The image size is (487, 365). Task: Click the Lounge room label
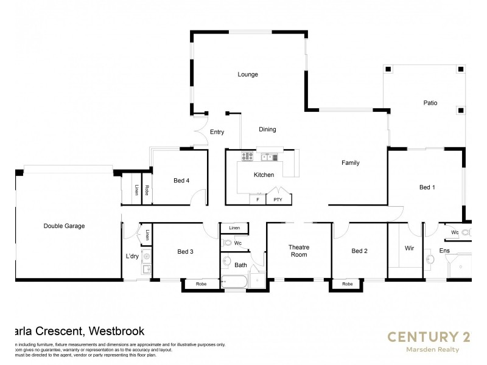point(248,75)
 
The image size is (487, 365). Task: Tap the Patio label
point(430,103)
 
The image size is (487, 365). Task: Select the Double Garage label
point(64,226)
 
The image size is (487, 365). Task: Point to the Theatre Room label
point(298,251)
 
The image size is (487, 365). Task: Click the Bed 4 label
point(181,180)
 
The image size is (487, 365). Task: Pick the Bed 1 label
point(427,187)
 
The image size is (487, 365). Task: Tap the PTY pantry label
point(278,199)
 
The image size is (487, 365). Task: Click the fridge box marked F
point(258,199)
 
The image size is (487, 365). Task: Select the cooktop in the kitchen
point(247,156)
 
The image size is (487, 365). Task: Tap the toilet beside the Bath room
point(228,243)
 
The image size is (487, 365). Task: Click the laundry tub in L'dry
point(146,257)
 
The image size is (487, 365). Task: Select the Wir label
point(409,249)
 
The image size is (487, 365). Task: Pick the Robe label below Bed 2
point(347,284)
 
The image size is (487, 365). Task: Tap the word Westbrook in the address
point(116,332)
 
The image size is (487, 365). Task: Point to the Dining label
point(267,129)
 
